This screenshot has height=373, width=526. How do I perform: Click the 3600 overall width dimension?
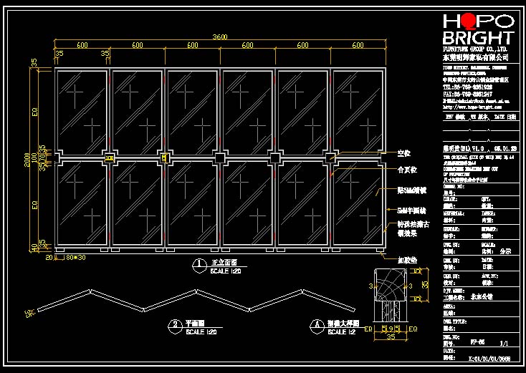[x=220, y=37]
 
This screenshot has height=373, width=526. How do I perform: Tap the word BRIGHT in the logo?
[x=478, y=38]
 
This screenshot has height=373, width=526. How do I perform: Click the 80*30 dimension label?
[x=75, y=256]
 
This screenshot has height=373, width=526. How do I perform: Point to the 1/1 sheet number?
[x=503, y=342]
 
